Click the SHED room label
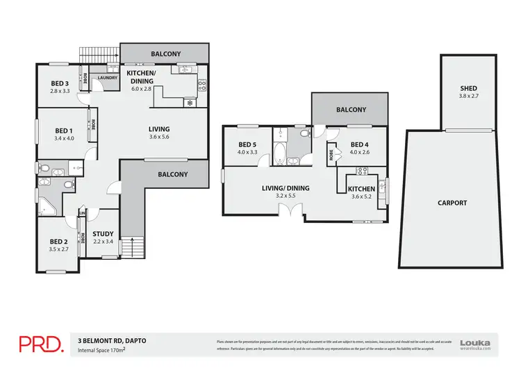[468, 88]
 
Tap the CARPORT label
[452, 203]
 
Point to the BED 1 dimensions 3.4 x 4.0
[63, 139]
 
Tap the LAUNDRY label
[107, 78]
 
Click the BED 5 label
[247, 144]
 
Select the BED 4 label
[359, 144]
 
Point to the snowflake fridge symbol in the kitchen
[189, 103]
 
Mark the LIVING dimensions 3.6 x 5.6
[159, 137]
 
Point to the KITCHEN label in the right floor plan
[361, 189]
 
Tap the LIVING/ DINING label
[286, 188]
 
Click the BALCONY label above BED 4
[351, 110]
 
